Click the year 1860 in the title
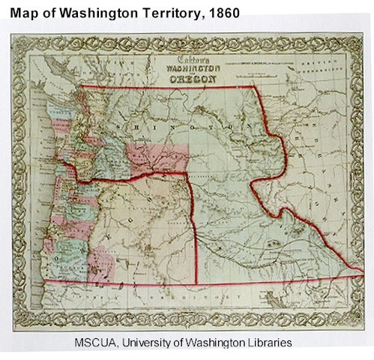222,13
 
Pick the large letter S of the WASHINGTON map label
141,128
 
